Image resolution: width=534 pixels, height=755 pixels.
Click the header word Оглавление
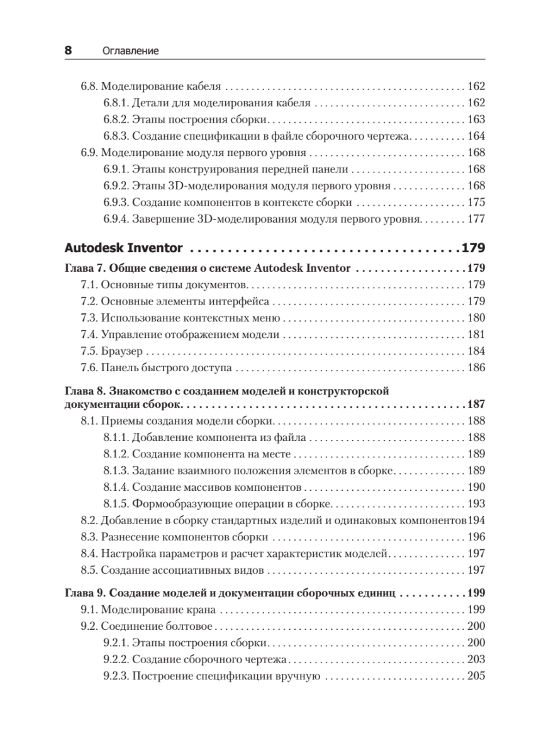tap(130, 52)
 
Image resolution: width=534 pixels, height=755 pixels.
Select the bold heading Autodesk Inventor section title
tap(128, 248)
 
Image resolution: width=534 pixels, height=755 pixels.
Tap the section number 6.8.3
tap(116, 135)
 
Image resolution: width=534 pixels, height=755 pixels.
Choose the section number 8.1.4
tap(116, 488)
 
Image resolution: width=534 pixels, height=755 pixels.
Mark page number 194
tap(476, 521)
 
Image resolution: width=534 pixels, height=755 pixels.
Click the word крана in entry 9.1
tap(201, 610)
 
